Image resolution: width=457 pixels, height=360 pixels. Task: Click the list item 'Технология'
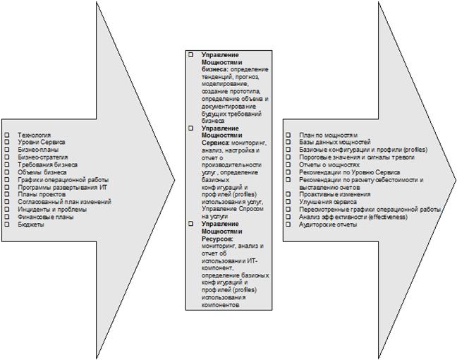coord(34,134)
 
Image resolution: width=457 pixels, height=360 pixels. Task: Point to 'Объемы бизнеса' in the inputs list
coord(42,172)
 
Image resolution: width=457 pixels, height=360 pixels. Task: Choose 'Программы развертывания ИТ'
coord(62,186)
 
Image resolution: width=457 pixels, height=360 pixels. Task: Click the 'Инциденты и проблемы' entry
coord(52,209)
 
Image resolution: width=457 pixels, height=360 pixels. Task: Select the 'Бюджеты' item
coord(31,224)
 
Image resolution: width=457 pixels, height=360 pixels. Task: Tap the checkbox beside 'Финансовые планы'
coord(6,217)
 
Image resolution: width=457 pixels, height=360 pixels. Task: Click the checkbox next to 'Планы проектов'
coord(6,194)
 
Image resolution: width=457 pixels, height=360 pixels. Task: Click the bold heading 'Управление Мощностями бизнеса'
coord(220,62)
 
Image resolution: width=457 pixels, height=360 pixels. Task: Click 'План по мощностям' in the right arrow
coord(328,135)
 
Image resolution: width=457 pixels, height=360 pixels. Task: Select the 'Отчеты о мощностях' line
coord(329,164)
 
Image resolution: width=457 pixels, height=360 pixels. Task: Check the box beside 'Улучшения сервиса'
coord(288,202)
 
